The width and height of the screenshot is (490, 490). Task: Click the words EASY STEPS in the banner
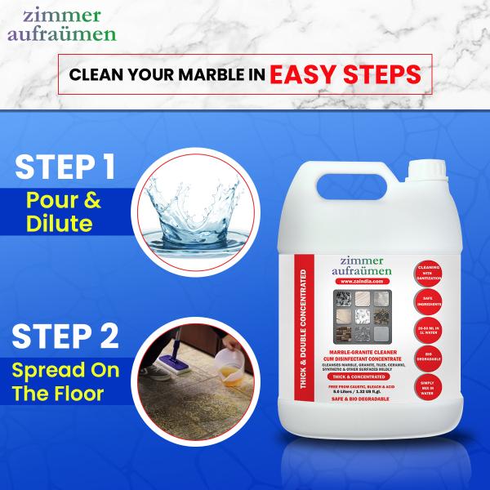[346, 74]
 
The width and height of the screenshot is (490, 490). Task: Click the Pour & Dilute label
[64, 212]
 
